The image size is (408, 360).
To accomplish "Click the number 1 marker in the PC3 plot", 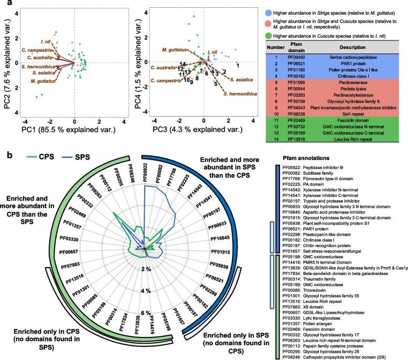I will [237, 65].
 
